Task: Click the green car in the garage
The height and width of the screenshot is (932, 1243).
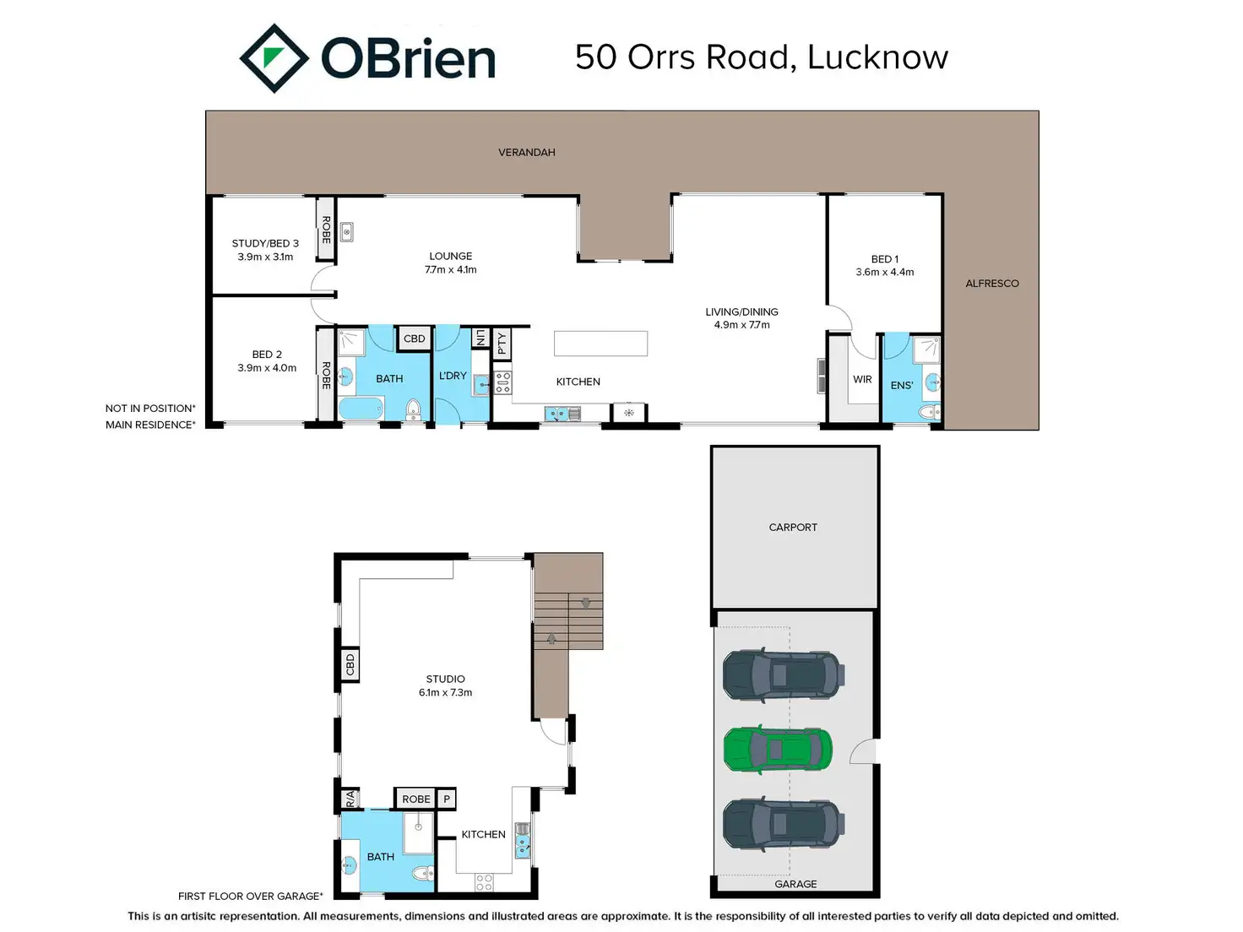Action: pyautogui.click(x=778, y=750)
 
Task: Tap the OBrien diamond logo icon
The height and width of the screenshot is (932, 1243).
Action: pyautogui.click(x=274, y=58)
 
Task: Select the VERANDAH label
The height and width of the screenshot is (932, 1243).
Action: pyautogui.click(x=527, y=152)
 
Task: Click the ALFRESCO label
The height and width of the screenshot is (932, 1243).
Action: pyautogui.click(x=992, y=284)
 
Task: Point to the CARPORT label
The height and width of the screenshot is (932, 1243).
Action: pyautogui.click(x=793, y=528)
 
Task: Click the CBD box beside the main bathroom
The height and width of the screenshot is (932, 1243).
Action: pyautogui.click(x=414, y=339)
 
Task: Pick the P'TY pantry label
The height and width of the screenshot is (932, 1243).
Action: pyautogui.click(x=502, y=344)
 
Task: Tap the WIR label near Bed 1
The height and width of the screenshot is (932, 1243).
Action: pyautogui.click(x=862, y=379)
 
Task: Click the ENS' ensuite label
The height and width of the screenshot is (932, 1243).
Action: pyautogui.click(x=902, y=385)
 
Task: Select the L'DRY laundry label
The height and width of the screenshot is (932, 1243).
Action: pyautogui.click(x=453, y=376)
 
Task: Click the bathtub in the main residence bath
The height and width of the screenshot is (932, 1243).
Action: pyautogui.click(x=361, y=408)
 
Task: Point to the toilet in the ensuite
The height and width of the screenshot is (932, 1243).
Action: pyautogui.click(x=929, y=411)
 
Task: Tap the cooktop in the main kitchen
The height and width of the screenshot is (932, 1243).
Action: pyautogui.click(x=503, y=382)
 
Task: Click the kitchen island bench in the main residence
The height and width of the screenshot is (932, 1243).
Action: pyautogui.click(x=601, y=344)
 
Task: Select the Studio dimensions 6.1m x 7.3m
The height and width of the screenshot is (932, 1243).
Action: pyautogui.click(x=445, y=692)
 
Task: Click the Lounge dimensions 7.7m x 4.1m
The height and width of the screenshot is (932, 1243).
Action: pyautogui.click(x=451, y=270)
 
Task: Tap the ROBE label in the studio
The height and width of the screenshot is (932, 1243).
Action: pyautogui.click(x=416, y=799)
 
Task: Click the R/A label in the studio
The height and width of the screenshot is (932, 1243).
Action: pyautogui.click(x=350, y=799)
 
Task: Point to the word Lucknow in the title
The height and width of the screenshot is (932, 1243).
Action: pyautogui.click(x=877, y=57)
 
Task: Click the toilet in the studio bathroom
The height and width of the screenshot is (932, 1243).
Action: pyautogui.click(x=422, y=874)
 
